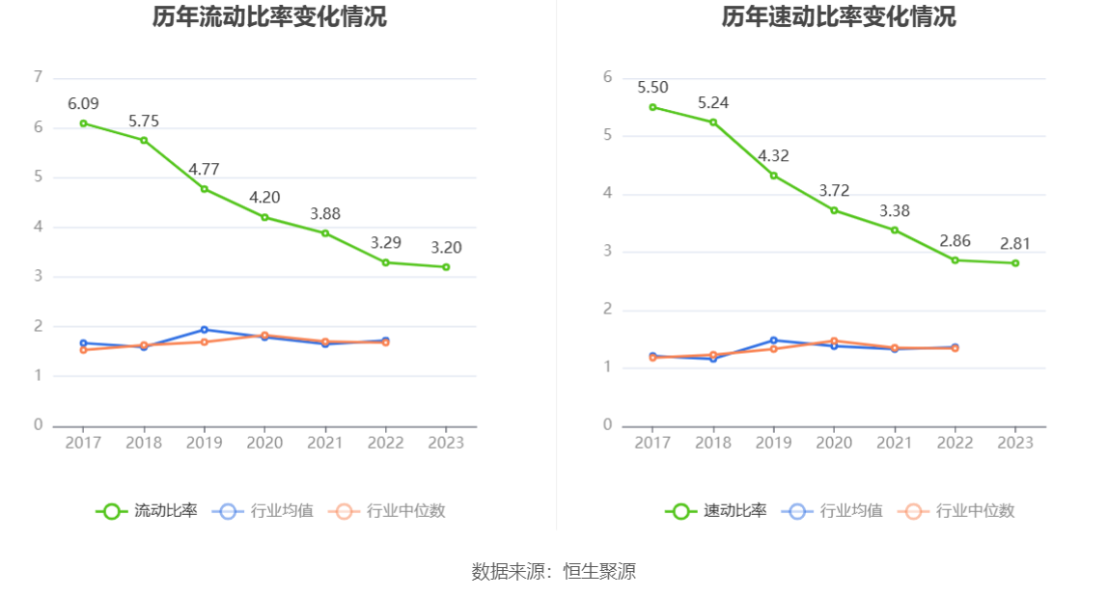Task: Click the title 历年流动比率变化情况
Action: pos(269,16)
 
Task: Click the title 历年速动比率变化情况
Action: pos(839,16)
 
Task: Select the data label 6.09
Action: pos(83,104)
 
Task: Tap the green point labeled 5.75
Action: pos(144,140)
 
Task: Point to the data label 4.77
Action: pos(204,169)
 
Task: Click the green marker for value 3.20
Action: pos(446,267)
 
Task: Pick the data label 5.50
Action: pos(652,88)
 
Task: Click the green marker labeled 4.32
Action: pos(773,176)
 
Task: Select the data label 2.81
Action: pos(1015,244)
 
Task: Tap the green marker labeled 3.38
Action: pos(895,230)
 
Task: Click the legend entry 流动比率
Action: pos(147,511)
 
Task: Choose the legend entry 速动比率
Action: pos(716,511)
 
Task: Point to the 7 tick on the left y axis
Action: pos(38,77)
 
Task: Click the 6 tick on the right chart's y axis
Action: pos(607,77)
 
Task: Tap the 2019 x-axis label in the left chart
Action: pos(204,442)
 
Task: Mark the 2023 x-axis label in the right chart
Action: pos(1015,442)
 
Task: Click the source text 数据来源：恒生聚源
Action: pos(554,571)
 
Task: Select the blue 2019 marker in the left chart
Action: pos(204,330)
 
